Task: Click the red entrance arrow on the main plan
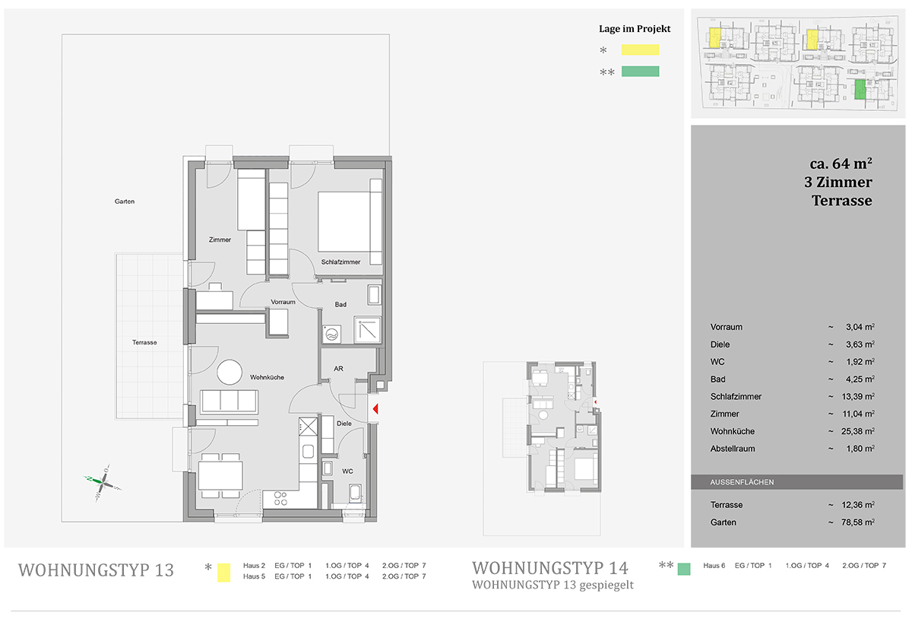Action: coord(375,408)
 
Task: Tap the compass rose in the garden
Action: coord(103,483)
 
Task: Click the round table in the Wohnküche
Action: coord(230,372)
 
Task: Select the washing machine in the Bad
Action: coord(332,335)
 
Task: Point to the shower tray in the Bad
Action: coord(368,329)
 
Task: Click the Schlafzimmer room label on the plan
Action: coord(340,262)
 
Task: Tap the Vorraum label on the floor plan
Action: coord(283,302)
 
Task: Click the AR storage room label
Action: coord(338,368)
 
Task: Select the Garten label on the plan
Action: coord(125,202)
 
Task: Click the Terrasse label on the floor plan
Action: coord(144,342)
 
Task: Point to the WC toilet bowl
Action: coord(355,493)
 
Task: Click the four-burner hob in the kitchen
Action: coord(280,499)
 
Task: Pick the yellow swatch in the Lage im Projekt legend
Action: coord(640,49)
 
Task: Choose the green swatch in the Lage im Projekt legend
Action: coord(640,71)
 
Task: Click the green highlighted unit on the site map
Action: coord(860,89)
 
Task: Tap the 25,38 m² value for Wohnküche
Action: coord(858,431)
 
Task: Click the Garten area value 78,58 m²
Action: coord(858,522)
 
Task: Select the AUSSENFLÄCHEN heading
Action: coord(742,482)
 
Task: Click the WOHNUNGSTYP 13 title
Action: coord(96,570)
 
